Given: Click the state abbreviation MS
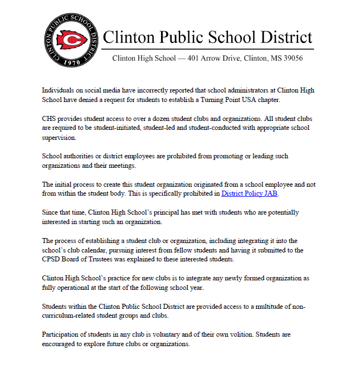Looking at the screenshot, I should point(270,58).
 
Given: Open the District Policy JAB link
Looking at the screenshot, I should point(249,193).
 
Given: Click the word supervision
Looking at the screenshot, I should point(61,137).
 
